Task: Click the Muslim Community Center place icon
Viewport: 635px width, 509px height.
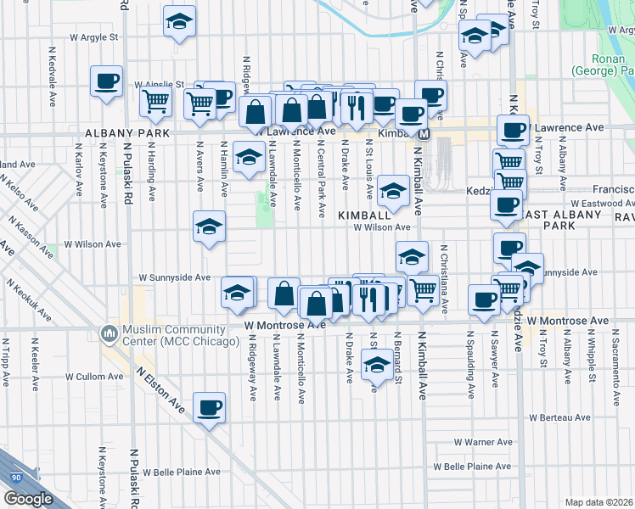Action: (x=109, y=333)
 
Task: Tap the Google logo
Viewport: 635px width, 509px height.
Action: (x=27, y=499)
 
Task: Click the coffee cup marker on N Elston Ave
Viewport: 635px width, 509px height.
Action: (x=209, y=409)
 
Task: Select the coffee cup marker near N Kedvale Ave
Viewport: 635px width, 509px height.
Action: (x=107, y=81)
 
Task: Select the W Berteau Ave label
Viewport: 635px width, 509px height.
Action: (x=559, y=417)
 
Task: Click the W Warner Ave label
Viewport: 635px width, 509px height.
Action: (x=482, y=442)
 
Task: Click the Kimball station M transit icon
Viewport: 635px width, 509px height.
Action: (x=424, y=134)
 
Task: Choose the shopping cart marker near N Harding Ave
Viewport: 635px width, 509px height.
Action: (x=156, y=103)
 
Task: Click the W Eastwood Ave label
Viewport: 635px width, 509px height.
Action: (x=603, y=204)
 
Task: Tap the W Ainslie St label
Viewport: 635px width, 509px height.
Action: (x=160, y=85)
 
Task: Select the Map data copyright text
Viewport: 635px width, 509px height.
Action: (x=598, y=502)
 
